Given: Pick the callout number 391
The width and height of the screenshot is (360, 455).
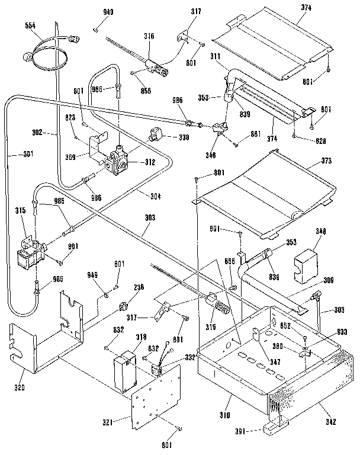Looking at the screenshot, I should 238,432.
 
